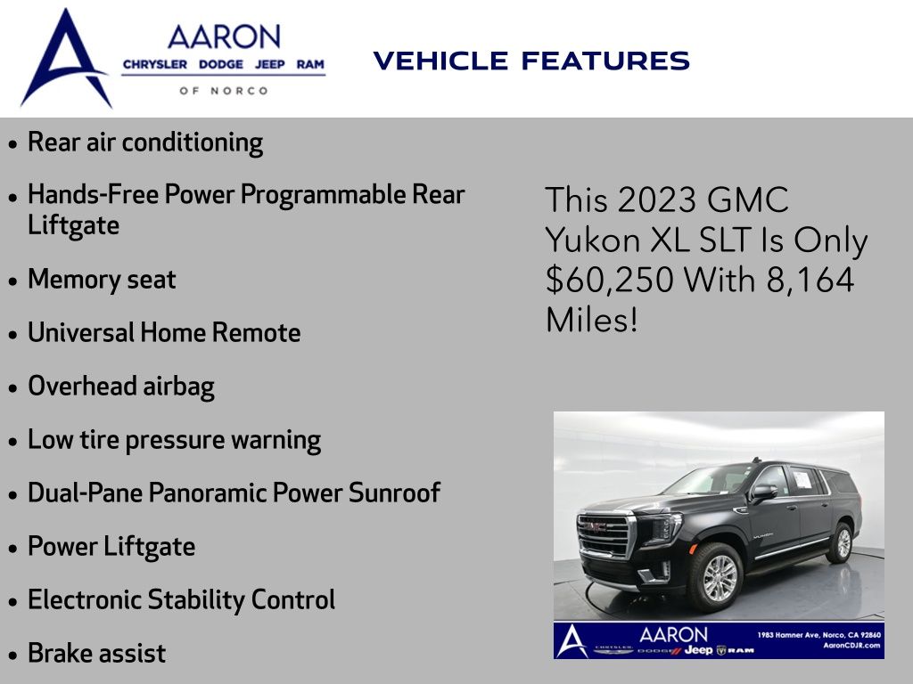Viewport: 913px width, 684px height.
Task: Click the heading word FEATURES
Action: coord(605,61)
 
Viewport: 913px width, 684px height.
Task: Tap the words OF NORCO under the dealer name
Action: coord(224,91)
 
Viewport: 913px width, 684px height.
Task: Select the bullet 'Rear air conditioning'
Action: coord(145,142)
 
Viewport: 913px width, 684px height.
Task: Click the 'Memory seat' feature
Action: coord(102,279)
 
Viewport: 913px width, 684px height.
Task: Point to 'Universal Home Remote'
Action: coord(164,333)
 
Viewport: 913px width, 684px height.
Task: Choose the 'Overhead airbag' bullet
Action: coord(121,387)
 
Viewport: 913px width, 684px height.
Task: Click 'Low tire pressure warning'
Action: coord(174,440)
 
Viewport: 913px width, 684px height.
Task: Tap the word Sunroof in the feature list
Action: coord(394,493)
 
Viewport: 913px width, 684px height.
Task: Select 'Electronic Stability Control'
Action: coord(181,600)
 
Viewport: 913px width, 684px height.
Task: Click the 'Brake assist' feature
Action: coord(96,653)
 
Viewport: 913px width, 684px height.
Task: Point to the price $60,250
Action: coord(610,280)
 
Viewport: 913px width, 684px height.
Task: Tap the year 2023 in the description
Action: coord(657,200)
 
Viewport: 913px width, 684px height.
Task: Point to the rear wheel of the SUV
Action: coord(841,542)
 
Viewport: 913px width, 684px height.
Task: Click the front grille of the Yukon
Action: coord(603,534)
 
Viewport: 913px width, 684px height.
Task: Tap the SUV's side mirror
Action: coord(764,493)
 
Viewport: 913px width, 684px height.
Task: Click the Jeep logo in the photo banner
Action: coord(699,649)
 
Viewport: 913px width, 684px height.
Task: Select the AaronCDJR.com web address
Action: coord(851,646)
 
